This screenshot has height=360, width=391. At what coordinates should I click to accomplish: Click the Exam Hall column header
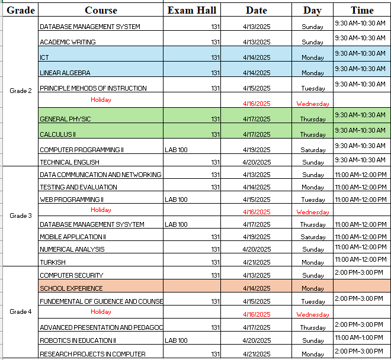click(192, 10)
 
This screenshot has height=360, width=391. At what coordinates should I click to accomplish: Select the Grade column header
click(21, 10)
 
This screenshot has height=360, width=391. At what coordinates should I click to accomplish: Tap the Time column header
click(362, 10)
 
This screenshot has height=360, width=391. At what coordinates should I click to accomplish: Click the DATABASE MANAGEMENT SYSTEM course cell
click(90, 27)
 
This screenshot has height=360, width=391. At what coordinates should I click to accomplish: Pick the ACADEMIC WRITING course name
click(68, 42)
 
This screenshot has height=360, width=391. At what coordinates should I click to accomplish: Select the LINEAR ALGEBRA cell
click(65, 73)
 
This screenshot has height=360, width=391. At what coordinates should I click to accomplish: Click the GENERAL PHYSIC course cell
click(65, 119)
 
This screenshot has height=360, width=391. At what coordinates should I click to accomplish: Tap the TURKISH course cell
click(53, 262)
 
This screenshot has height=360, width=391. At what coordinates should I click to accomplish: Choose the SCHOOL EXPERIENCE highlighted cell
click(71, 288)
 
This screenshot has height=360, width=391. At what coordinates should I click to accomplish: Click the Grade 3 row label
click(21, 216)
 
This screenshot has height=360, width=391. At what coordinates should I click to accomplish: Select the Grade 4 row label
click(21, 311)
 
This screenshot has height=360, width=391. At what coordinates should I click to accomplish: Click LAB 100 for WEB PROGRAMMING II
click(176, 200)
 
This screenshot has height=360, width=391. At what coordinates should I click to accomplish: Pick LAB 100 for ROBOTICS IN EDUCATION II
click(176, 340)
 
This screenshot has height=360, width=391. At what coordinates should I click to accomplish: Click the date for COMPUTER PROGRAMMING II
click(257, 150)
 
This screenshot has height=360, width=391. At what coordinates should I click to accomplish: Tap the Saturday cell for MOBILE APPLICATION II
click(313, 237)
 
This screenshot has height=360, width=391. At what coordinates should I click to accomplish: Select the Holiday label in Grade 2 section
click(101, 99)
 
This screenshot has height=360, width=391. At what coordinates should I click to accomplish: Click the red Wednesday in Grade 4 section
click(313, 314)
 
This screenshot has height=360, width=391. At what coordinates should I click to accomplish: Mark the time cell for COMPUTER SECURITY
click(359, 272)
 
